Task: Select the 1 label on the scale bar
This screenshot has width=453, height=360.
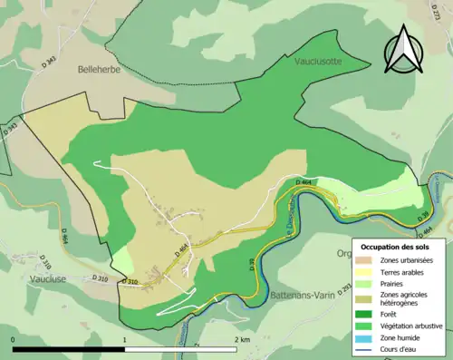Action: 124,340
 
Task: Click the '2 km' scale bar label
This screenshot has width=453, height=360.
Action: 240,340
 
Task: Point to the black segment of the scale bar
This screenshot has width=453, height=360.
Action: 69,349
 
